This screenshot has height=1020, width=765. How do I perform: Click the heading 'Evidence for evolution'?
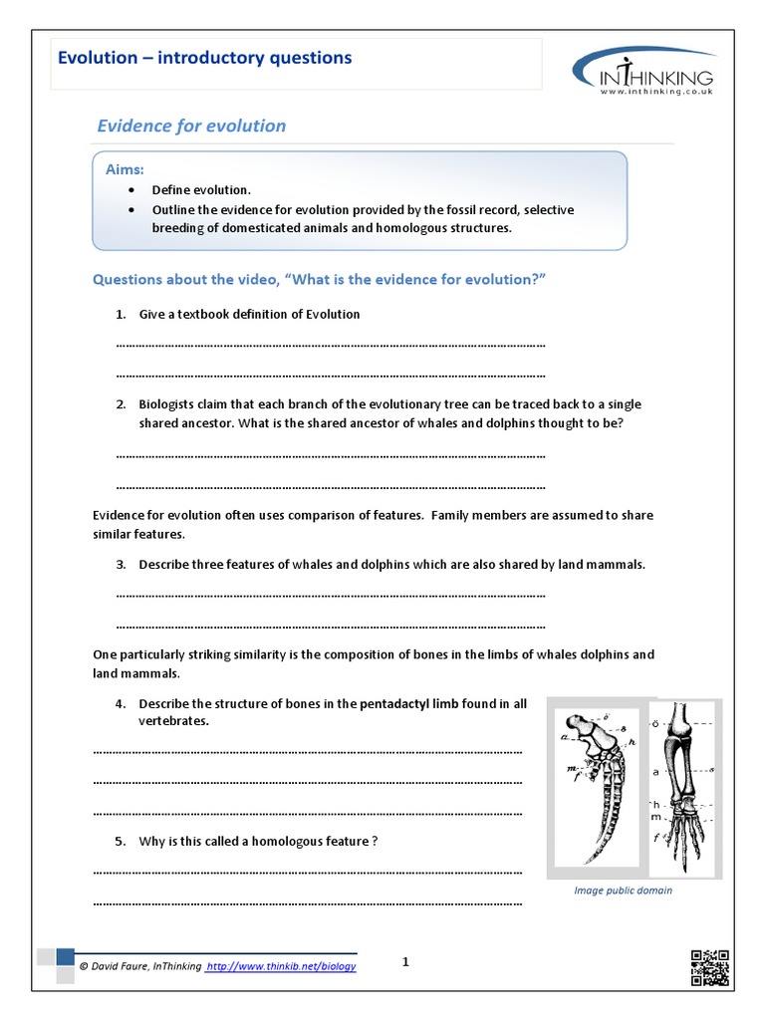pyautogui.click(x=190, y=126)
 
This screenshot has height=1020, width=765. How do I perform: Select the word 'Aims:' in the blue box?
pyautogui.click(x=126, y=170)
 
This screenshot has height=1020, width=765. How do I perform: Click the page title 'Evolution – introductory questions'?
pyautogui.click(x=204, y=58)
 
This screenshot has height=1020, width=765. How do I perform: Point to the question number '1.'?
pyautogui.click(x=121, y=314)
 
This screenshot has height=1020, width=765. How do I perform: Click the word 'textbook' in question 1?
pyautogui.click(x=199, y=314)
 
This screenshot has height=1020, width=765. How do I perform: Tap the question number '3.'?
pyautogui.click(x=121, y=564)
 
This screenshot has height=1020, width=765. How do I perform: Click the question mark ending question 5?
pyautogui.click(x=375, y=841)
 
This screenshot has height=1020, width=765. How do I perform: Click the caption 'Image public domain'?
pyautogui.click(x=623, y=891)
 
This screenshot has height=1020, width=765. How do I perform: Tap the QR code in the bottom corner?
pyautogui.click(x=709, y=969)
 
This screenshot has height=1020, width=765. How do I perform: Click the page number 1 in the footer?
pyautogui.click(x=405, y=961)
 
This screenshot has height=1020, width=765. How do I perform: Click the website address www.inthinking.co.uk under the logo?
pyautogui.click(x=656, y=92)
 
